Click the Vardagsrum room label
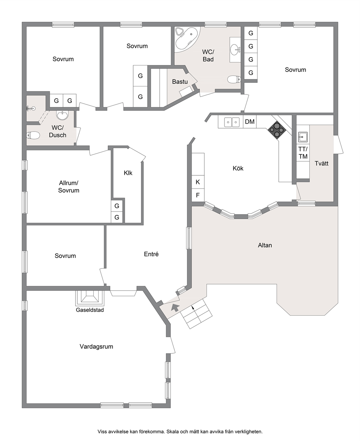[96, 347]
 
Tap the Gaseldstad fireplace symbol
[90, 298]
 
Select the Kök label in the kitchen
[238, 168]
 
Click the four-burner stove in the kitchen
[277, 130]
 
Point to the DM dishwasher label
[250, 121]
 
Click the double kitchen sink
[232, 122]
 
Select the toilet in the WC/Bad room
[234, 79]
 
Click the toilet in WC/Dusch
[33, 135]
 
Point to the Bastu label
[180, 81]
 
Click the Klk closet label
[128, 173]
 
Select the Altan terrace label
[265, 245]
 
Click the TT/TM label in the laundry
[303, 153]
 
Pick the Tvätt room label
[321, 163]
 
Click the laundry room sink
[303, 137]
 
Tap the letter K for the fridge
[198, 182]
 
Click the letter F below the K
[198, 195]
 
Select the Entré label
[151, 254]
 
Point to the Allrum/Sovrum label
[69, 186]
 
